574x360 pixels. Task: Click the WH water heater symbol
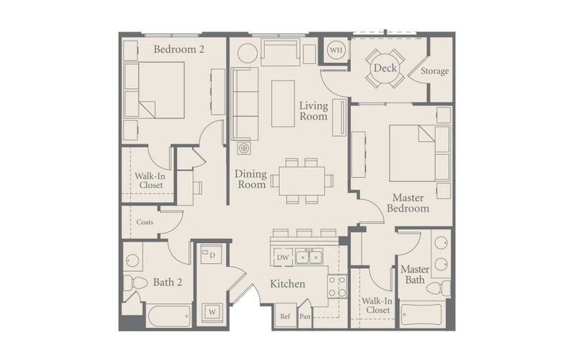(x=336, y=49)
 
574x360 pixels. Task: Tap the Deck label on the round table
(x=385, y=68)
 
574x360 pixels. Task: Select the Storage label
(x=435, y=71)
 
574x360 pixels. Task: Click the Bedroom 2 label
(x=179, y=49)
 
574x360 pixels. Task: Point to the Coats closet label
(x=145, y=222)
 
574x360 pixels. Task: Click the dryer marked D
(x=211, y=254)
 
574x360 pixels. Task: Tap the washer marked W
(x=212, y=313)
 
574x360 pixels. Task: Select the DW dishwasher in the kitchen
(x=282, y=257)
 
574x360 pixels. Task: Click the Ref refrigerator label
(x=285, y=316)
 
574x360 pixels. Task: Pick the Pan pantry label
(x=305, y=316)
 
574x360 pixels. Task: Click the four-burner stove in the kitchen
(x=337, y=286)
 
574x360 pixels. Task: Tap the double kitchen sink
(x=309, y=257)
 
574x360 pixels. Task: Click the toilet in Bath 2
(x=135, y=283)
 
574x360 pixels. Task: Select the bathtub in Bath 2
(x=169, y=316)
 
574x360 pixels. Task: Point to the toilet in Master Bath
(x=438, y=288)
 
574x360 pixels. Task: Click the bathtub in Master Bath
(x=421, y=315)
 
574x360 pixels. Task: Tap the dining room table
(x=302, y=181)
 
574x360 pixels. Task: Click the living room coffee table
(x=283, y=103)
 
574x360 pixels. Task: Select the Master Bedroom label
(x=408, y=203)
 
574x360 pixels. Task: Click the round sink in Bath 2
(x=132, y=261)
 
